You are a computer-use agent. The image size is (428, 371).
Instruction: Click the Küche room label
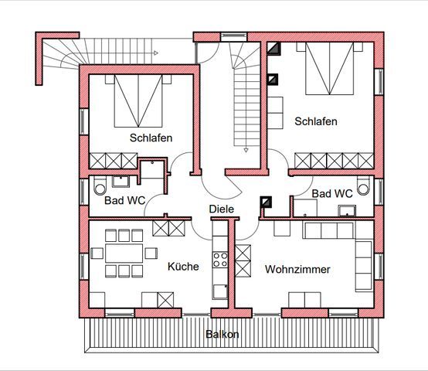pyautogui.click(x=183, y=267)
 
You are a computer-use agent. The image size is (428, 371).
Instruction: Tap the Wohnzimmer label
pyautogui.click(x=297, y=270)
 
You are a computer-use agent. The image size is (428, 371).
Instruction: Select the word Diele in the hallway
pyautogui.click(x=222, y=209)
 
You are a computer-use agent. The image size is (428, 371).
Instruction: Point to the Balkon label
pyautogui.click(x=222, y=334)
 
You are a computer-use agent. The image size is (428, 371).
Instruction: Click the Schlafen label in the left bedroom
pyautogui.click(x=151, y=138)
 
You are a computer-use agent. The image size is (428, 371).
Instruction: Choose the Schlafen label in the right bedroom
pyautogui.click(x=316, y=121)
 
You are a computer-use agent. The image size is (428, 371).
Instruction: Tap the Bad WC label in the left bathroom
pyautogui.click(x=124, y=201)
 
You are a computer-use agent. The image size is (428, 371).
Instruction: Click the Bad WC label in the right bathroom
pyautogui.click(x=332, y=194)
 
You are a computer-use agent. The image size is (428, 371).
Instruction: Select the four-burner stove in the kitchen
pyautogui.click(x=220, y=260)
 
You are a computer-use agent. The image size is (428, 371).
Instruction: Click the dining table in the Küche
pyautogui.click(x=124, y=254)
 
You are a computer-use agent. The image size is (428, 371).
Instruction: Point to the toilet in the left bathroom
pyautogui.click(x=100, y=185)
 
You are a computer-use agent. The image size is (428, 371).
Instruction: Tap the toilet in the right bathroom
pyautogui.click(x=363, y=185)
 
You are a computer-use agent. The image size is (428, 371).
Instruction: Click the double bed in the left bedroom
pyautogui.click(x=138, y=100)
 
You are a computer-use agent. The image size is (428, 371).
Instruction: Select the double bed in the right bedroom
pyautogui.click(x=329, y=68)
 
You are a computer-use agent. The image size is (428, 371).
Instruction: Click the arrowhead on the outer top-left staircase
pyautogui.click(x=156, y=53)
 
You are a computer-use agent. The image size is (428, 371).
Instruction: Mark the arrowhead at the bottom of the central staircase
pyautogui.click(x=246, y=150)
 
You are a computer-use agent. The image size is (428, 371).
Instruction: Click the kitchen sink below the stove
pyautogui.click(x=220, y=291)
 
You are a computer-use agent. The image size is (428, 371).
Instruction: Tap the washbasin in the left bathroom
pyautogui.click(x=121, y=182)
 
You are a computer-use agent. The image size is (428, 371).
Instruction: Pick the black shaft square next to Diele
pyautogui.click(x=266, y=203)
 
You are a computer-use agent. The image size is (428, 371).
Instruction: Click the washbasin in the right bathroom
pyautogui.click(x=347, y=211)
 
